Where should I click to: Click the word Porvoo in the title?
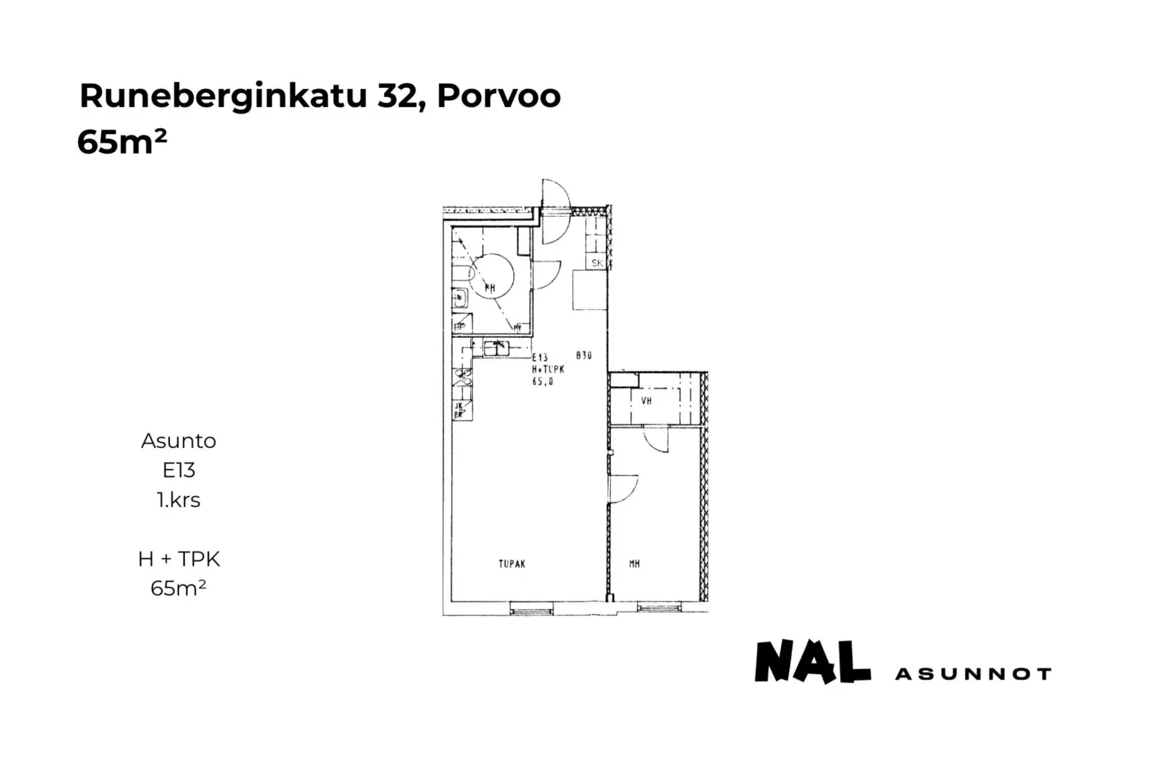click(x=498, y=96)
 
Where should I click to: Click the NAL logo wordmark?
click(x=812, y=663)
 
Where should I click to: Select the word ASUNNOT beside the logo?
click(x=973, y=674)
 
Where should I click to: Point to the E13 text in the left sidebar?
click(x=178, y=470)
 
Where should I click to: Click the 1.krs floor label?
click(x=178, y=500)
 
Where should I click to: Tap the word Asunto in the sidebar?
click(x=178, y=441)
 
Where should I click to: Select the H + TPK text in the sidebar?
click(x=178, y=559)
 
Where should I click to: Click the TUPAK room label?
click(x=511, y=564)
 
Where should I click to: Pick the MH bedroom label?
click(x=634, y=564)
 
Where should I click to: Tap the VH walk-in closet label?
click(x=646, y=401)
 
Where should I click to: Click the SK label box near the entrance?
click(x=597, y=263)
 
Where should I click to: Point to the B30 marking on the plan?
click(x=584, y=356)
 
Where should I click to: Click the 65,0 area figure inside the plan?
click(x=543, y=382)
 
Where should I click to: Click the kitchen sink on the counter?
click(x=497, y=348)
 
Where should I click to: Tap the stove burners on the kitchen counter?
click(x=462, y=377)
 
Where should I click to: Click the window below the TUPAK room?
click(x=531, y=608)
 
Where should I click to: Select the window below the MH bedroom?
click(x=659, y=608)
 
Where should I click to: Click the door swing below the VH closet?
click(x=655, y=441)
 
